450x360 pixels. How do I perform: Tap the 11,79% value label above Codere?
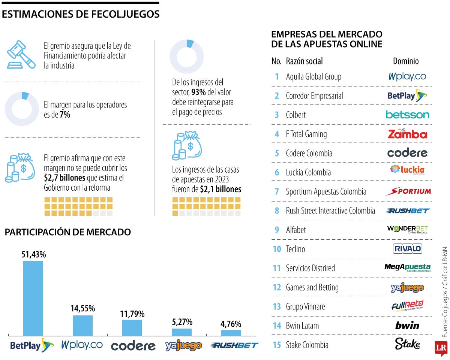(132, 314)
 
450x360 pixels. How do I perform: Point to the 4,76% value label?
(231, 324)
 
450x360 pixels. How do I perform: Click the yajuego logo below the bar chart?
(183, 345)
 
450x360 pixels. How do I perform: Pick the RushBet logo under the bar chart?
(234, 345)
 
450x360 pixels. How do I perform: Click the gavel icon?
(21, 54)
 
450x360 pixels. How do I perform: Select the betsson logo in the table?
(407, 115)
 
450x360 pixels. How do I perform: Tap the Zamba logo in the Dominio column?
(407, 134)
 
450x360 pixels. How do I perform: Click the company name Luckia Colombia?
(308, 172)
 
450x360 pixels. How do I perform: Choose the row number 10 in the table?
(277, 249)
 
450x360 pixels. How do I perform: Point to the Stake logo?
(407, 344)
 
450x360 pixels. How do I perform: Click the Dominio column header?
(406, 61)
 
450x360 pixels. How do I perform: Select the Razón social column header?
(304, 61)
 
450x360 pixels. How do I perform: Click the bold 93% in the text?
(198, 92)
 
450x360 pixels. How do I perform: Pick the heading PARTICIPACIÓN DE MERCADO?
(68, 232)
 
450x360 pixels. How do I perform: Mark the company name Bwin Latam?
(302, 326)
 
